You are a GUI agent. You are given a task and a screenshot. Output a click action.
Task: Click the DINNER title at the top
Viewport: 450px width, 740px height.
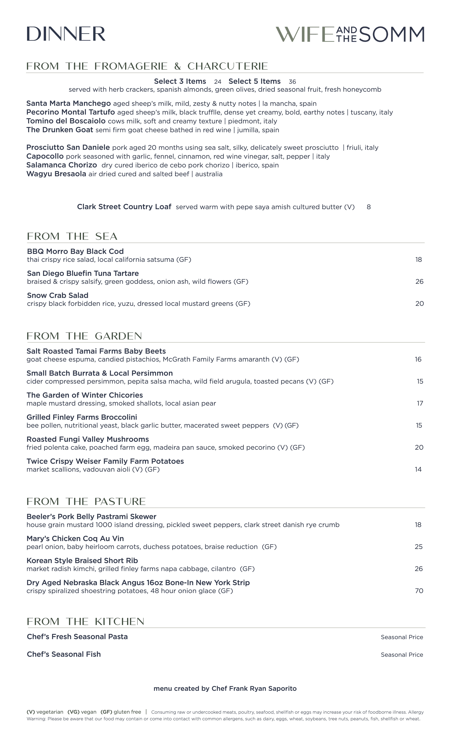[66, 34]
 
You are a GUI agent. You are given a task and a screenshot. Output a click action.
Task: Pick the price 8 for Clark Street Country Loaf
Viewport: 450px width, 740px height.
[368, 207]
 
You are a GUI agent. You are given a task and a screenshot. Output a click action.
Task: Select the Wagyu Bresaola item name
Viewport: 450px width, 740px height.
[56, 174]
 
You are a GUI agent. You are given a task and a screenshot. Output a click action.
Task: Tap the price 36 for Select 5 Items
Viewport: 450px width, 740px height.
[292, 82]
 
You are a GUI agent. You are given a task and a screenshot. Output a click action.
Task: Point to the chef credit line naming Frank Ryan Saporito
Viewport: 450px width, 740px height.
[225, 688]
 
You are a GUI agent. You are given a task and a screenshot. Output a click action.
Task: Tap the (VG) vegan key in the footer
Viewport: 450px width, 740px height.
[82, 712]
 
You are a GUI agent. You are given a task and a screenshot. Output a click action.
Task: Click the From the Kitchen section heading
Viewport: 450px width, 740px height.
[85, 621]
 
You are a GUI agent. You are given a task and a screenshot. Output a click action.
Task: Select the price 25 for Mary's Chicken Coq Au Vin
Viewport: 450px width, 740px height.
[418, 547]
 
